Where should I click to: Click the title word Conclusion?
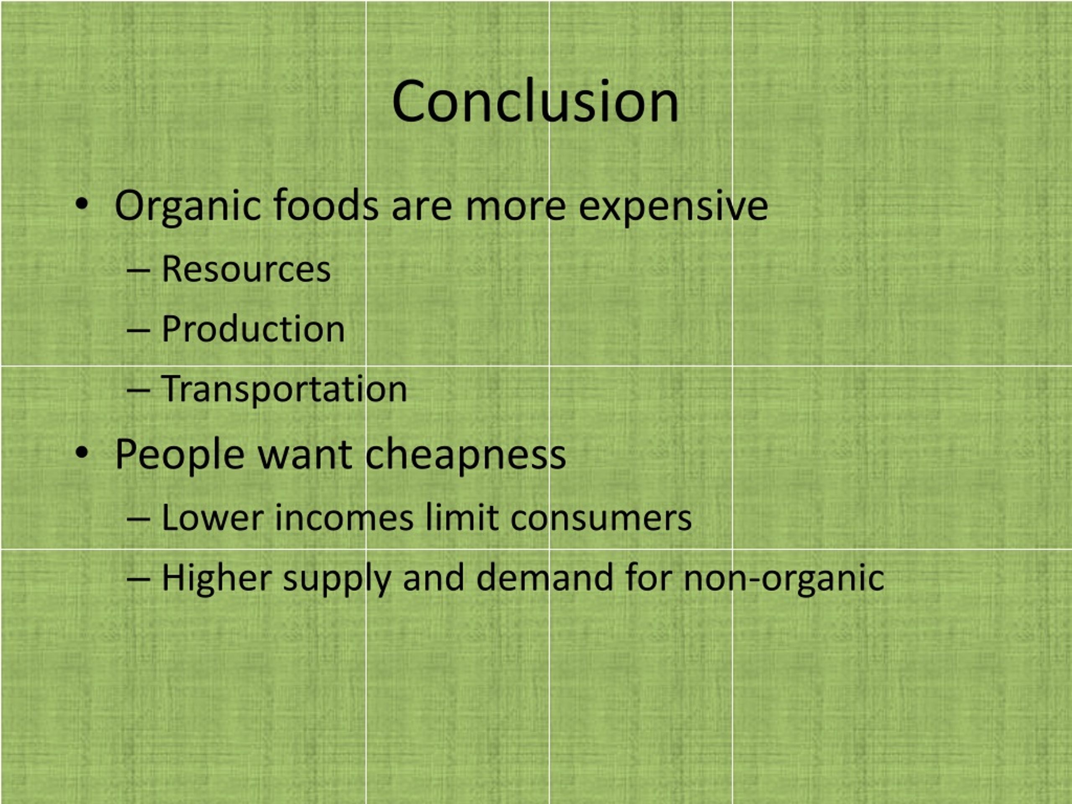click(x=535, y=102)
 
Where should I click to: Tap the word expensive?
click(x=673, y=206)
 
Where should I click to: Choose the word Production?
click(x=253, y=329)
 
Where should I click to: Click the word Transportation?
click(x=284, y=389)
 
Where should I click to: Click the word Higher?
click(x=216, y=578)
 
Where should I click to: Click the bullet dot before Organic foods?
click(x=82, y=204)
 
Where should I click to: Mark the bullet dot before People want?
click(x=82, y=453)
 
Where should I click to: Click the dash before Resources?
click(x=138, y=271)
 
